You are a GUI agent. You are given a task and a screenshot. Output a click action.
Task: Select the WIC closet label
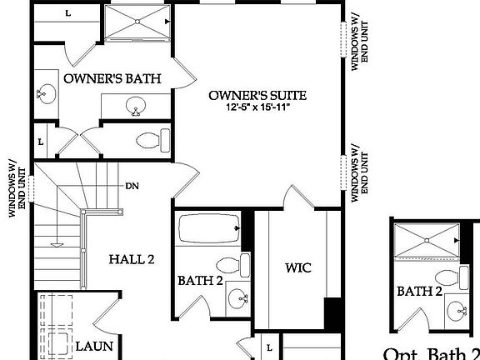coord(297,268)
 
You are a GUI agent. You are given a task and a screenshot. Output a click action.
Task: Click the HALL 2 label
coord(132,259)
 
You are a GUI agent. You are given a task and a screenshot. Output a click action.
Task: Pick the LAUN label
coord(94,345)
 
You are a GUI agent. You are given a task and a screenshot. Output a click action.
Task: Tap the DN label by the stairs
coord(132,185)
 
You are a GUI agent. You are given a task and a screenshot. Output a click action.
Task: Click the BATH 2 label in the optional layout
coord(418,291)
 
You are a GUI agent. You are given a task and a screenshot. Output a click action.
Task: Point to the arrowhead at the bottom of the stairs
coord(57,244)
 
